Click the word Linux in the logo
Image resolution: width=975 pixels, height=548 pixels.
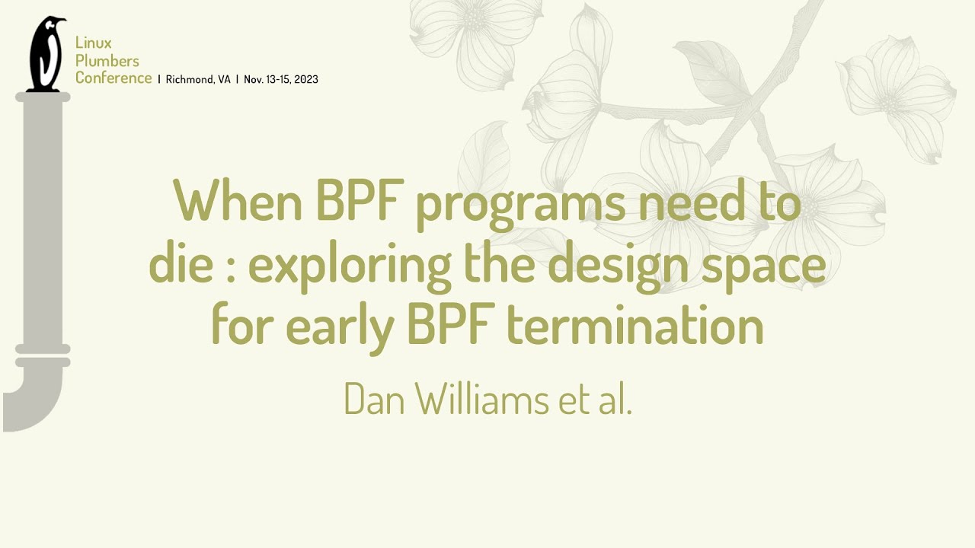pyautogui.click(x=93, y=43)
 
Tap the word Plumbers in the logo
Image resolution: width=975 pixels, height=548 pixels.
pyautogui.click(x=107, y=60)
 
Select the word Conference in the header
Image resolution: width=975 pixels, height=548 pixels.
pyautogui.click(x=113, y=78)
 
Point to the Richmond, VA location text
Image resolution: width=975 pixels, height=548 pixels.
pyautogui.click(x=197, y=79)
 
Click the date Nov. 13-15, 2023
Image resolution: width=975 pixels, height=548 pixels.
pyautogui.click(x=280, y=79)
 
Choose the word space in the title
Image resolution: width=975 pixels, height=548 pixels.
pyautogui.click(x=770, y=268)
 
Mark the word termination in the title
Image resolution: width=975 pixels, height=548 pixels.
pyautogui.click(x=635, y=326)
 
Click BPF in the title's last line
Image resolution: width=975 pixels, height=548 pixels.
pyautogui.click(x=452, y=326)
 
